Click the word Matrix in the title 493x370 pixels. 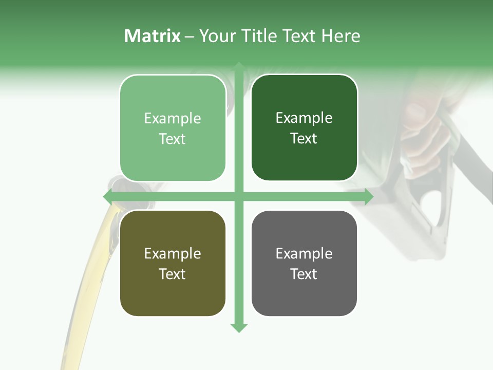tap(152, 36)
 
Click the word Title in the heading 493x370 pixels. tap(259, 36)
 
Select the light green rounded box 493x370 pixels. tap(173, 128)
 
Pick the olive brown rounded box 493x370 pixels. tap(173, 263)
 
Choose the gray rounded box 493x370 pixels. tap(304, 263)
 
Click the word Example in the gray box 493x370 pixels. tap(304, 253)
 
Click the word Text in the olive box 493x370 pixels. tap(173, 274)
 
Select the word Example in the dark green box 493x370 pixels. tap(304, 118)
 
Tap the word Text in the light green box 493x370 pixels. tap(173, 139)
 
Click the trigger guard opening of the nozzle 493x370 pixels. tap(434, 208)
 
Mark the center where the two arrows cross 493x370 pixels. tap(239, 196)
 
